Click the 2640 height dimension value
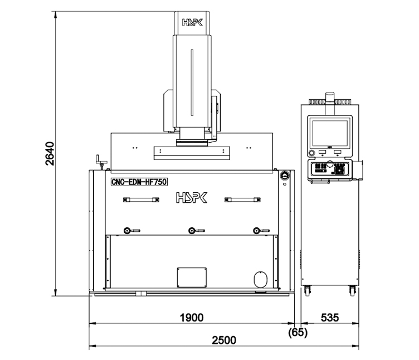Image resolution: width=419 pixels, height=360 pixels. coord(50,154)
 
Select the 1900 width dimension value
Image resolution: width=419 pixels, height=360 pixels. coord(192,318)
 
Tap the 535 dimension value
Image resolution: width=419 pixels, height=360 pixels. coord(330,318)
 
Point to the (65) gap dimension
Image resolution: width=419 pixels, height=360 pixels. coord(298,333)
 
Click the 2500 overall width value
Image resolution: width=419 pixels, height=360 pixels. coord(224,340)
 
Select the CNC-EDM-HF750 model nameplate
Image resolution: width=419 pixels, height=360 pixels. coord(139,182)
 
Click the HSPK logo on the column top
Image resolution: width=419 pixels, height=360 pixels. coord(192,22)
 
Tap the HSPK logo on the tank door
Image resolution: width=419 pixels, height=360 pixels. coord(192,197)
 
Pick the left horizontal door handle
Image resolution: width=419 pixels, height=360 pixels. coord(141,200)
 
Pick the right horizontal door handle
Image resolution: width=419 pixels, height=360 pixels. coord(242,200)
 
